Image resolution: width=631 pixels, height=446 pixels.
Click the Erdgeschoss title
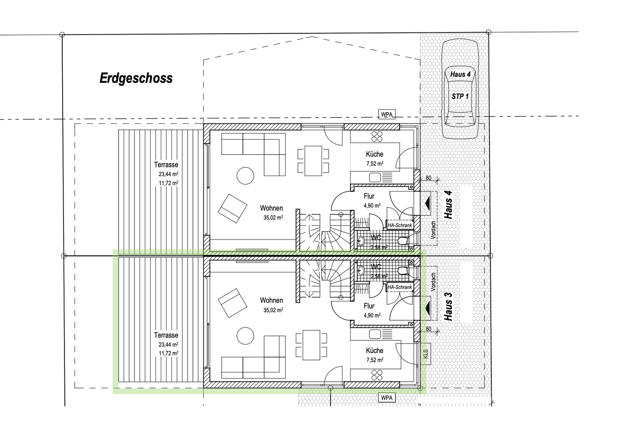[x=136, y=78]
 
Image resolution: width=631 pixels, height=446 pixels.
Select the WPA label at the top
[x=386, y=115]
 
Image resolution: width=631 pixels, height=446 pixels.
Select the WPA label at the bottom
[x=386, y=398]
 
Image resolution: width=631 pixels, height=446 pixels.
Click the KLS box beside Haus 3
[x=425, y=353]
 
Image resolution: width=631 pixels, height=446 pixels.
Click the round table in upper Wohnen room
[x=245, y=176]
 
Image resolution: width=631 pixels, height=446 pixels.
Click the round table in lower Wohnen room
[x=245, y=336]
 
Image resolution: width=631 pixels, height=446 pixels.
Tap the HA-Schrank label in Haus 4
[x=400, y=225]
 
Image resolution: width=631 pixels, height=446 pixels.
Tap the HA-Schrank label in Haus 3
[x=400, y=287]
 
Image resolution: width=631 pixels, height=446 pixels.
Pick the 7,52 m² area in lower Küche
[x=375, y=360]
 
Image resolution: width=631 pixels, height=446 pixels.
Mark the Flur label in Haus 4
[x=369, y=197]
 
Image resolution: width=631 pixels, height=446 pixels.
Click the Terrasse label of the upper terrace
[x=166, y=165]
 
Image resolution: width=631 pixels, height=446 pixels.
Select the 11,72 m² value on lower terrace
[x=168, y=353]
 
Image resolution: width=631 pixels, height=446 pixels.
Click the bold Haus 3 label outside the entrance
[x=448, y=304]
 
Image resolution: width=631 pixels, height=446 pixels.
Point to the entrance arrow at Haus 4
[x=427, y=203]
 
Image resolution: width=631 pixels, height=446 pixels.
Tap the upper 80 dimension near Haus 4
[x=428, y=178]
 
